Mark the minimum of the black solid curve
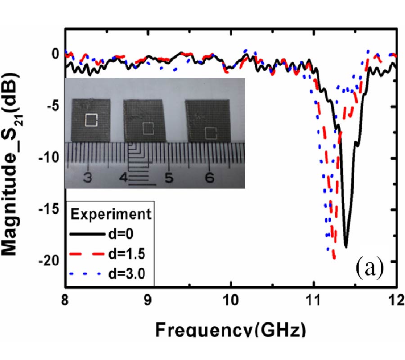click(346, 247)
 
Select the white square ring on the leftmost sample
click(91, 120)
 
